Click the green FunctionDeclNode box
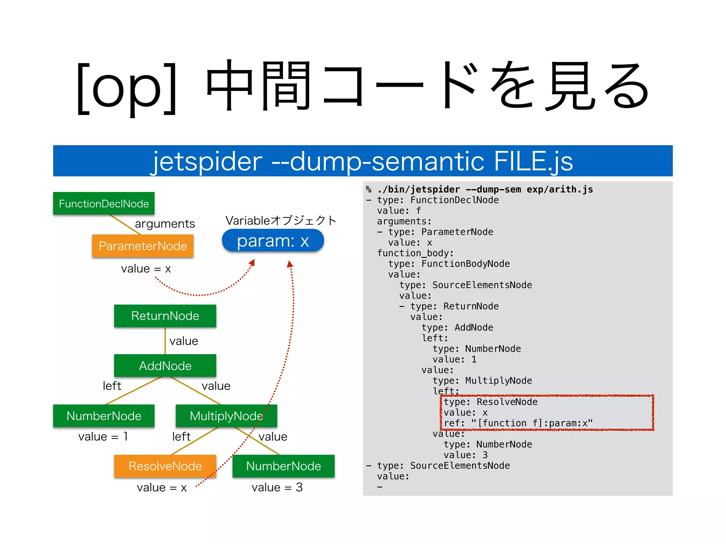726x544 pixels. pos(104,203)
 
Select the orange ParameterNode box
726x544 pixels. pos(143,246)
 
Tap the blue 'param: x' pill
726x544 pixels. pos(273,241)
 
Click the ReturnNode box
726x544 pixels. pos(165,316)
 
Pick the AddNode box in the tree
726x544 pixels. pos(165,365)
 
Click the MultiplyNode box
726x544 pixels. pos(226,416)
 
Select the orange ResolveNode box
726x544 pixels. pos(165,466)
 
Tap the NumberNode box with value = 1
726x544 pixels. pos(104,416)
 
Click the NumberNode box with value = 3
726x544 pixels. pos(283,466)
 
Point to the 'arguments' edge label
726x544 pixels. pos(165,223)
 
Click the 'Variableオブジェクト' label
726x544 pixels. pos(281,220)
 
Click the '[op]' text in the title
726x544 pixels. pos(127,87)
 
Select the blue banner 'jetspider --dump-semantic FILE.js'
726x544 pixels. pos(363,161)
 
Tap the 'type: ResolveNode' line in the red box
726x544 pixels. pos(490,402)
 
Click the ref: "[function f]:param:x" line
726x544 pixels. pos(518,423)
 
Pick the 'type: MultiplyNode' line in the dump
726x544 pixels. pos(482,381)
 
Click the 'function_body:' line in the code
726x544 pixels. pos(415,253)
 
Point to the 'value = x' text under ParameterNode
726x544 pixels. pos(146,268)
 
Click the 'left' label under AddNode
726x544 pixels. pos(112,386)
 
